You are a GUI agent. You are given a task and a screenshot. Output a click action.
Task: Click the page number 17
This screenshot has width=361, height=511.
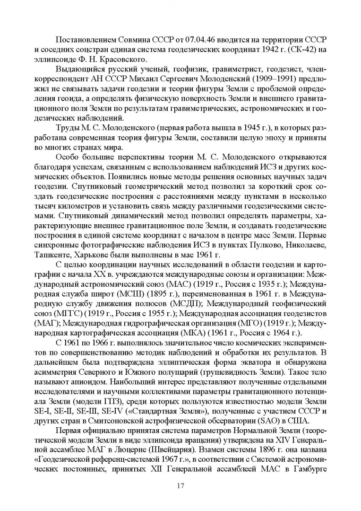tap(180, 485)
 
